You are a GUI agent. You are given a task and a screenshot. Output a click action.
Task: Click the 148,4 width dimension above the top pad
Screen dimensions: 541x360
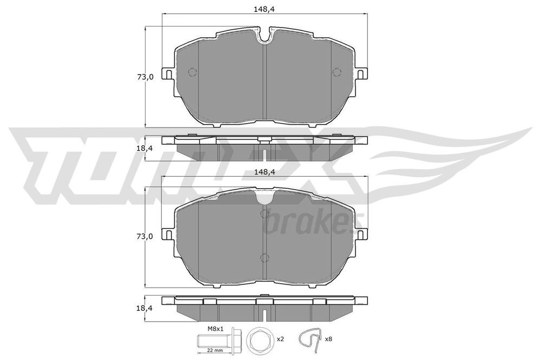tap(265, 9)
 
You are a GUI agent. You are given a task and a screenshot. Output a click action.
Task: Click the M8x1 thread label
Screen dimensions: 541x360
tap(216, 329)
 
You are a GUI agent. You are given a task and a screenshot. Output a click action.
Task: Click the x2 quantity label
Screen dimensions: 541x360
tap(280, 339)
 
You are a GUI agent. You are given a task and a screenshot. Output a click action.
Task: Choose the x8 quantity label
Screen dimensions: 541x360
tap(328, 339)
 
